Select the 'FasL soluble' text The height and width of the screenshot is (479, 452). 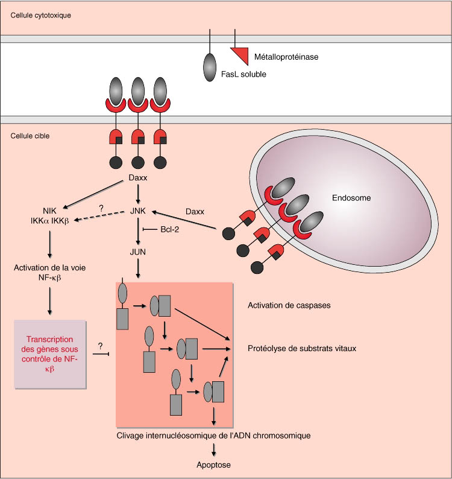point(242,74)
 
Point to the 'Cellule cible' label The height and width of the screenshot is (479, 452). point(30,136)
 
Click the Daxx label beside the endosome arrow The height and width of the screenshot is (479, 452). point(195,212)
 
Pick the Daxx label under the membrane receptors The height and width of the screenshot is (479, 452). point(139,179)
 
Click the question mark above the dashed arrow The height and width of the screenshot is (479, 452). point(101,208)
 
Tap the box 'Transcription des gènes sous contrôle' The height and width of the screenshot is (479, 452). point(51,355)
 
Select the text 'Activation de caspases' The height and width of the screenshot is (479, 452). point(289,305)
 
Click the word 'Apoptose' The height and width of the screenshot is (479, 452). point(214,465)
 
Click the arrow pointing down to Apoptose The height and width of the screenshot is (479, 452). point(214,449)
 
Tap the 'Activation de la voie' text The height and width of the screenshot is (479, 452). point(49,268)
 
